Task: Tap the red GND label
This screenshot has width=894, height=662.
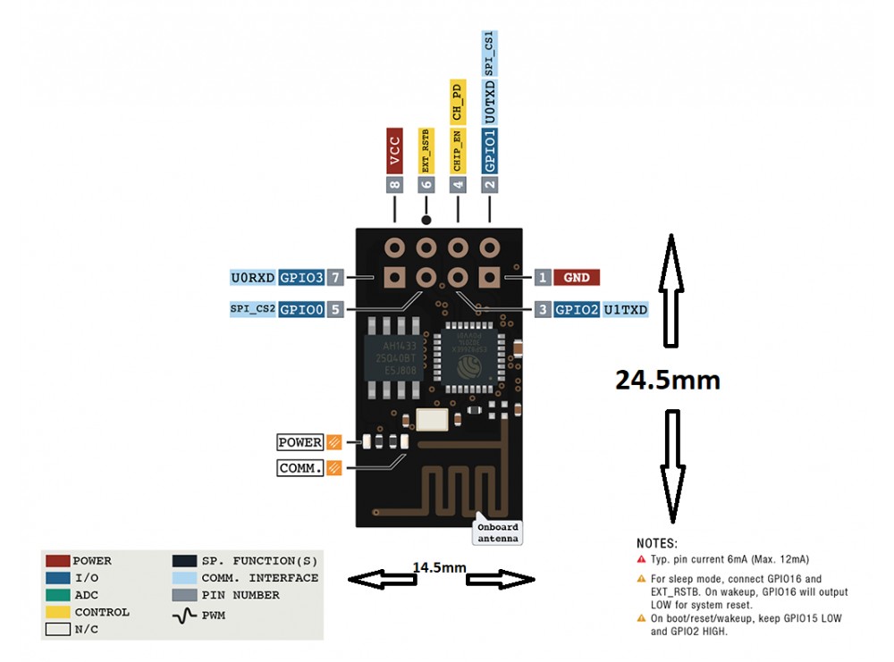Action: click(x=577, y=277)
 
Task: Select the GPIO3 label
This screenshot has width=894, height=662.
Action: click(x=300, y=277)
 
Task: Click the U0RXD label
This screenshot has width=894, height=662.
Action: click(x=253, y=277)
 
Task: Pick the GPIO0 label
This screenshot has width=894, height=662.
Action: click(x=300, y=310)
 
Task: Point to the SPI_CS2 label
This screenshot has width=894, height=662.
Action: click(x=253, y=310)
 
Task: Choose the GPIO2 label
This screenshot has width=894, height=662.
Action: click(x=577, y=310)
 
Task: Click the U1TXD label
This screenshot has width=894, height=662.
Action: click(x=625, y=310)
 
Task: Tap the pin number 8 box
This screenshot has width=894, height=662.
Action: click(x=394, y=185)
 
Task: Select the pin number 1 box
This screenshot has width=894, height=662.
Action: click(x=543, y=277)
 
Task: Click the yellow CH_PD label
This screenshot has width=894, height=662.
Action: click(x=457, y=101)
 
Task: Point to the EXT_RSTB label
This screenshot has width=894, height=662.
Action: click(x=426, y=150)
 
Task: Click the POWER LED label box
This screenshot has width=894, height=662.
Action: click(x=300, y=442)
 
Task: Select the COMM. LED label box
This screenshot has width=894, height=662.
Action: click(x=300, y=467)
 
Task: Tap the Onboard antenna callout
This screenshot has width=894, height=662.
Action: click(x=497, y=532)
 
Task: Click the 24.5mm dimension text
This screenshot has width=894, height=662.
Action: click(x=667, y=379)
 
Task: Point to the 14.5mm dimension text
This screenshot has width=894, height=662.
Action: click(x=440, y=567)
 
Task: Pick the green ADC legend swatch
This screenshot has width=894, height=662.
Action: click(x=57, y=595)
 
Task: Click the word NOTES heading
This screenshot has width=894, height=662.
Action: click(x=657, y=543)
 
